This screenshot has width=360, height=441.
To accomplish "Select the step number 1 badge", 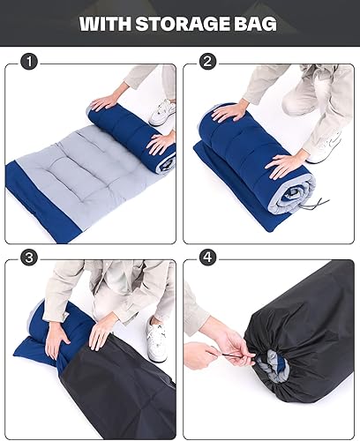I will tap(30, 62).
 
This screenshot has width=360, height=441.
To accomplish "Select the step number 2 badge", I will tap(208, 62).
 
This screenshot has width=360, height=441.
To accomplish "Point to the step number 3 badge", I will tap(30, 258).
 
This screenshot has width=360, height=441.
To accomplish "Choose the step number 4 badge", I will tap(208, 258).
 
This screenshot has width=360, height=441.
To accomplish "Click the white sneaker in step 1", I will tap(162, 112).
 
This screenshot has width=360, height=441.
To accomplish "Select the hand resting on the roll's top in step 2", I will tap(231, 112).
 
